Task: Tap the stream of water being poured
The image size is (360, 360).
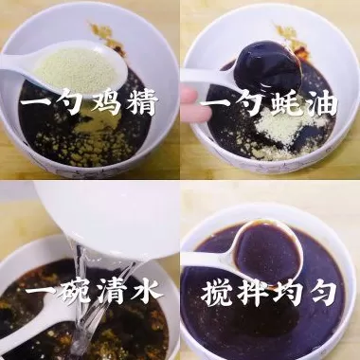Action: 87,303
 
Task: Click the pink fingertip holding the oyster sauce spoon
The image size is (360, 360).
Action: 189,97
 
